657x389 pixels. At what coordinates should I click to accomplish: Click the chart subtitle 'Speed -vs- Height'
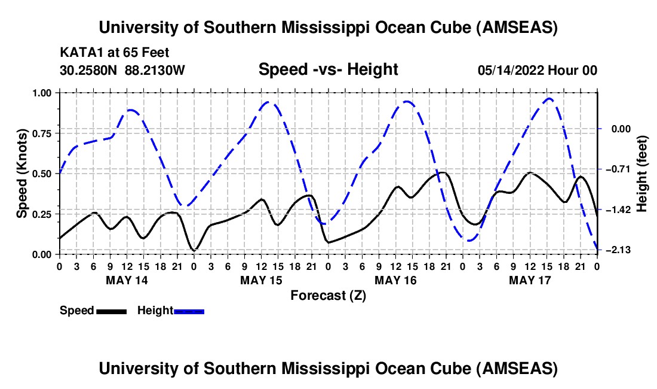click(328, 69)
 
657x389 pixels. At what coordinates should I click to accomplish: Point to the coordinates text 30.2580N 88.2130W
click(122, 70)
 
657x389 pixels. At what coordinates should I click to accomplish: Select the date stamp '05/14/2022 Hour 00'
click(538, 70)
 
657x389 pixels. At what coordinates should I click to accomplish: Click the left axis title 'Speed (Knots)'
click(22, 174)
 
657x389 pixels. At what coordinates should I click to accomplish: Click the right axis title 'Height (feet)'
click(642, 174)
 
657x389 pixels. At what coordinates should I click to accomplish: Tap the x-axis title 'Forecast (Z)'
click(328, 295)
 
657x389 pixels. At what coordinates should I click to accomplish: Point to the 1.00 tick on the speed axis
click(42, 93)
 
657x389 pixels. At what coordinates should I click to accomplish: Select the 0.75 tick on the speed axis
click(42, 133)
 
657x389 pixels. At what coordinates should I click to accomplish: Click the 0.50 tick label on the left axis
click(42, 174)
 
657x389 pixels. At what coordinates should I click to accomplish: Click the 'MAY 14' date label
click(126, 280)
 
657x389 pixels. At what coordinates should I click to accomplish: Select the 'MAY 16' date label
click(395, 280)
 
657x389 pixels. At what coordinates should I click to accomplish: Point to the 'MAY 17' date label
click(529, 280)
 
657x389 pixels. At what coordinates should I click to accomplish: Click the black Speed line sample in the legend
click(111, 311)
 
